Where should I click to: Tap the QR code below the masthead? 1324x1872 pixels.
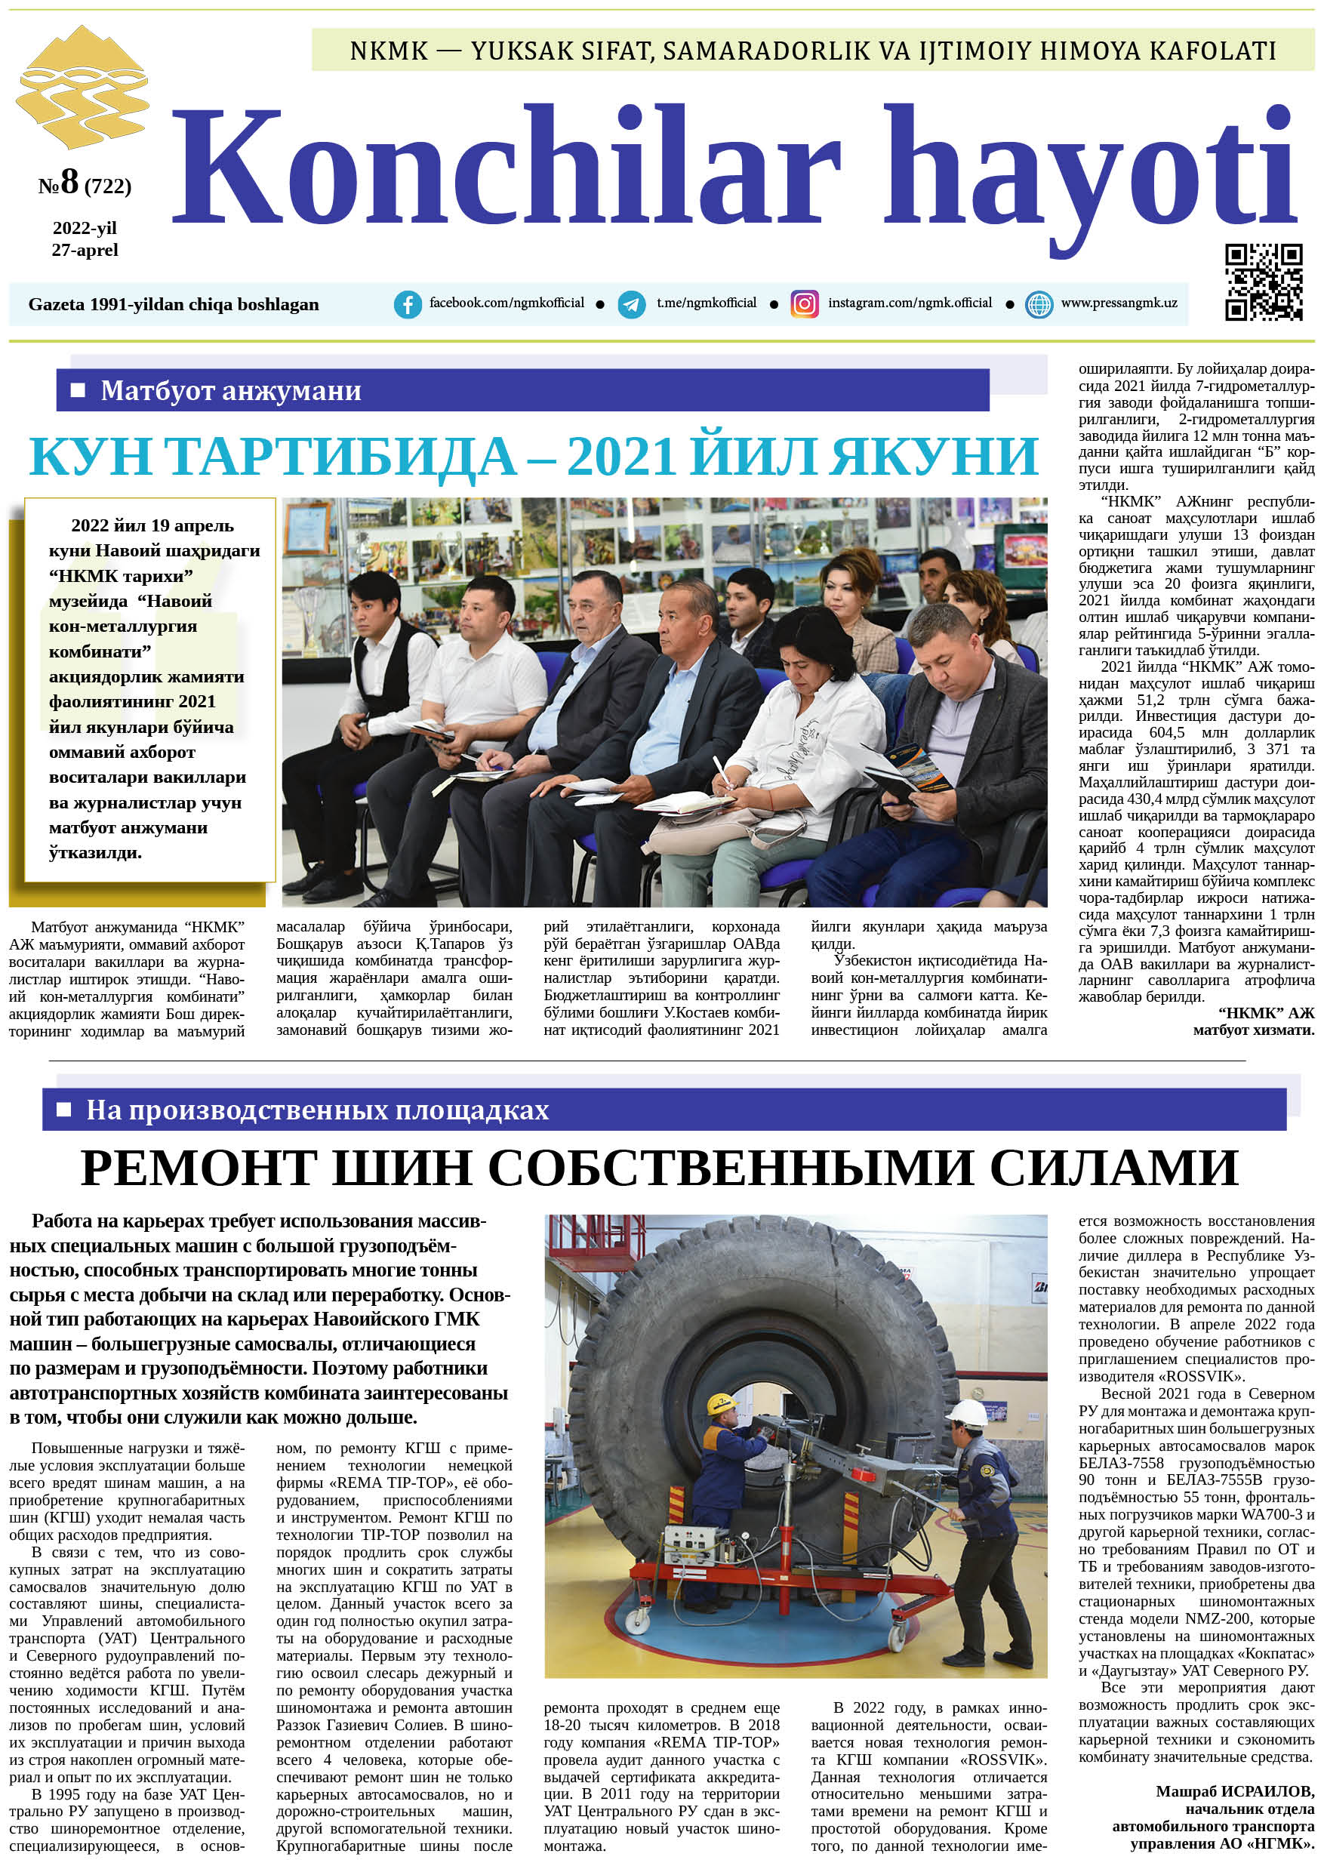tap(1263, 282)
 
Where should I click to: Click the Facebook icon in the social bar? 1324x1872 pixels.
tap(408, 304)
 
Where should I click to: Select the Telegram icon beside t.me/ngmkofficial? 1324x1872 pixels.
tap(631, 304)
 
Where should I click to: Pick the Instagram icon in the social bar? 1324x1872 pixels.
tap(804, 304)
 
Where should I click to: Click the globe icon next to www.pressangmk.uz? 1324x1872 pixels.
tap(1039, 304)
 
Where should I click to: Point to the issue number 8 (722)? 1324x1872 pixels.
tap(84, 183)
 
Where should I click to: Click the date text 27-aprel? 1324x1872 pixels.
tap(85, 251)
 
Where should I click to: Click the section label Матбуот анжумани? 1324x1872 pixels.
tap(231, 390)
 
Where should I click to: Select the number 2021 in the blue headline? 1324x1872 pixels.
tap(621, 456)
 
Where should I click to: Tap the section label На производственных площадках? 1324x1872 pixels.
tap(317, 1110)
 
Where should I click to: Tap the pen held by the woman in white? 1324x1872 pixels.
tap(722, 771)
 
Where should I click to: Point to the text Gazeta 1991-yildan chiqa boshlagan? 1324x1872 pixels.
tap(174, 304)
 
